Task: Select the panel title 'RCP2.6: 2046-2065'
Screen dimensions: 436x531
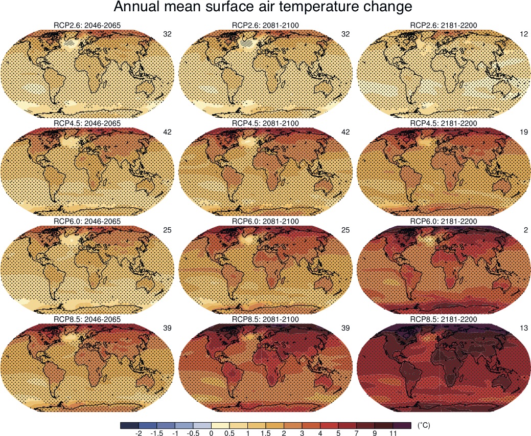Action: click(x=87, y=26)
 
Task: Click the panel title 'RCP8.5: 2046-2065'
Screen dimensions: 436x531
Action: click(x=87, y=319)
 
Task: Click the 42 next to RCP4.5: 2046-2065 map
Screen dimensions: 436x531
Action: click(x=167, y=132)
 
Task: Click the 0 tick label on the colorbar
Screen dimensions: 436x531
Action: click(x=211, y=433)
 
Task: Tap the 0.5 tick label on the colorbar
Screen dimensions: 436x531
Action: click(x=229, y=433)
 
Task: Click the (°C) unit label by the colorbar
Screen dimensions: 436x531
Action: click(x=424, y=425)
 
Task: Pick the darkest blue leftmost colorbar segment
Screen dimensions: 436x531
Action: click(x=129, y=425)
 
